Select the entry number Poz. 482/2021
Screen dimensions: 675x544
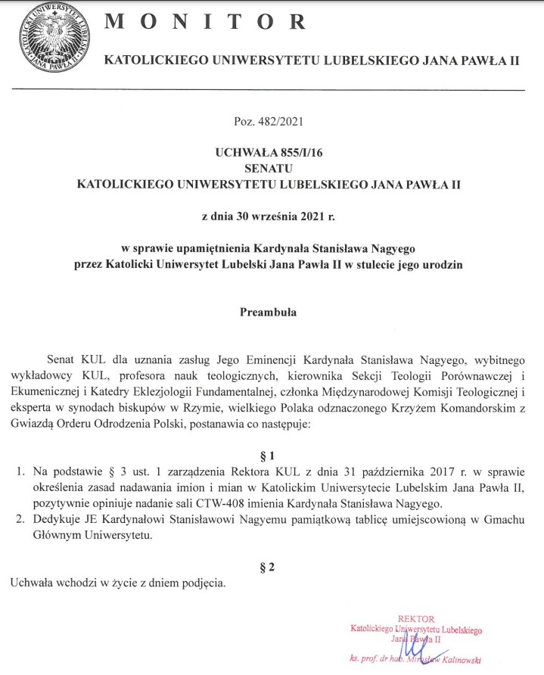tap(271, 120)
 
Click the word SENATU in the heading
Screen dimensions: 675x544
tap(271, 167)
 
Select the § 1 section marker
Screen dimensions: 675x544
tap(271, 456)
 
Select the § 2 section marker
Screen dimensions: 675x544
tap(271, 568)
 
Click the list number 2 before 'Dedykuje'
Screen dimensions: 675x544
tap(20, 520)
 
